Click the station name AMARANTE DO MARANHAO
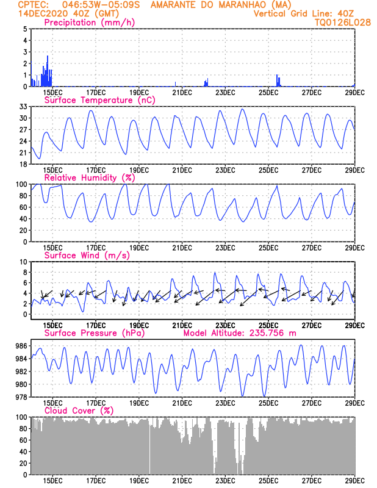click(x=216, y=5)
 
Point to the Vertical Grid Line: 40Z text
click(x=304, y=13)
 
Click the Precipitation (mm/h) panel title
click(x=90, y=23)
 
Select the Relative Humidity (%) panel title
click(x=90, y=178)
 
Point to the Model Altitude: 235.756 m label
click(x=240, y=333)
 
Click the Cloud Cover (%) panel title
click(x=79, y=411)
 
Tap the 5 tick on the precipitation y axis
click(x=24, y=29)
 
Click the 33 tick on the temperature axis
click(x=23, y=107)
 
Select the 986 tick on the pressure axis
click(x=21, y=346)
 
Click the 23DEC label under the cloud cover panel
click(x=225, y=481)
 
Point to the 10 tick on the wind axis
click(x=23, y=262)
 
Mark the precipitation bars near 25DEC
click(x=278, y=81)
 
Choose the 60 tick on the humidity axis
click(x=23, y=207)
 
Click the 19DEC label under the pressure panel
click(x=139, y=403)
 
